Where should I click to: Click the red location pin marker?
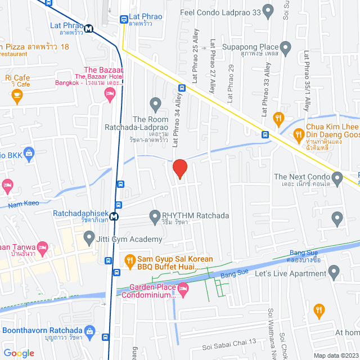point(179,169)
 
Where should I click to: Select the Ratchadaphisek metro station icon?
point(114,216)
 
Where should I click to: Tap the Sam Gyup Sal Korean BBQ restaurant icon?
point(130,260)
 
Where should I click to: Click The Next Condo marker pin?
point(337,179)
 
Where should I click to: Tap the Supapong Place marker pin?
point(286,47)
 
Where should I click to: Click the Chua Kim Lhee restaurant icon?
point(299,133)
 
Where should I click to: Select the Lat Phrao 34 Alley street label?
point(176,120)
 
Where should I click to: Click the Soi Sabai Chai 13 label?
point(229,341)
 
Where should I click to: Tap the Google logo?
point(19,353)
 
